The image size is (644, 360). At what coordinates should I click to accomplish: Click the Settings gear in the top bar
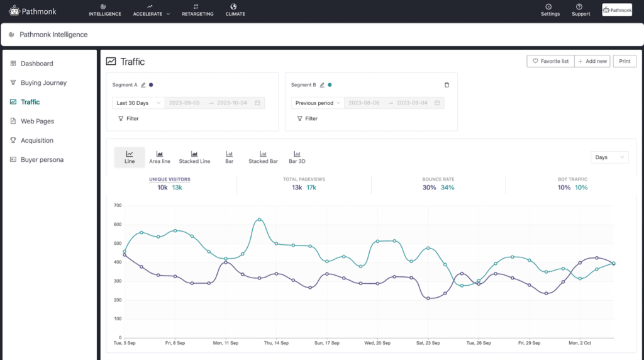point(550,9)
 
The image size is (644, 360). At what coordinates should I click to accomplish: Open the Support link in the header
point(580,9)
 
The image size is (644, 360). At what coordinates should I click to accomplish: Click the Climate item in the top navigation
point(235,9)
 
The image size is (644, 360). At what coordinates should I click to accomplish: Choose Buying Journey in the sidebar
point(43,83)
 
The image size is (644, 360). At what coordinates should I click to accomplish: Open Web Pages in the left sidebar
point(37,121)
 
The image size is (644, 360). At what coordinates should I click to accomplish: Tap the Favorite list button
point(550,61)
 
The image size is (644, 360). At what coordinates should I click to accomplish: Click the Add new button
point(592,61)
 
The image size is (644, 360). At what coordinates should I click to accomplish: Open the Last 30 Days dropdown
point(138,103)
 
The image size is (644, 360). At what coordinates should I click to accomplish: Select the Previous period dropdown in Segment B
point(318,103)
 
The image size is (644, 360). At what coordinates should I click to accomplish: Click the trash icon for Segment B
point(447,85)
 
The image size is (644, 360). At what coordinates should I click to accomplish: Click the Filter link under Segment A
point(129,118)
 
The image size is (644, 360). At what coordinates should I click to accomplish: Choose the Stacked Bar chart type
point(263,157)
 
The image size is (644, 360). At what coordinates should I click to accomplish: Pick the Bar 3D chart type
point(297,157)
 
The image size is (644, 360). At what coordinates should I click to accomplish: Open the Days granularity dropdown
point(609,157)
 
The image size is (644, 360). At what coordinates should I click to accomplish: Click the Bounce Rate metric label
point(438,179)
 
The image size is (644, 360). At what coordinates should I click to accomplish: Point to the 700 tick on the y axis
point(117,205)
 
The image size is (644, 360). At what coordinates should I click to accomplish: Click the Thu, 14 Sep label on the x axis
point(276,343)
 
